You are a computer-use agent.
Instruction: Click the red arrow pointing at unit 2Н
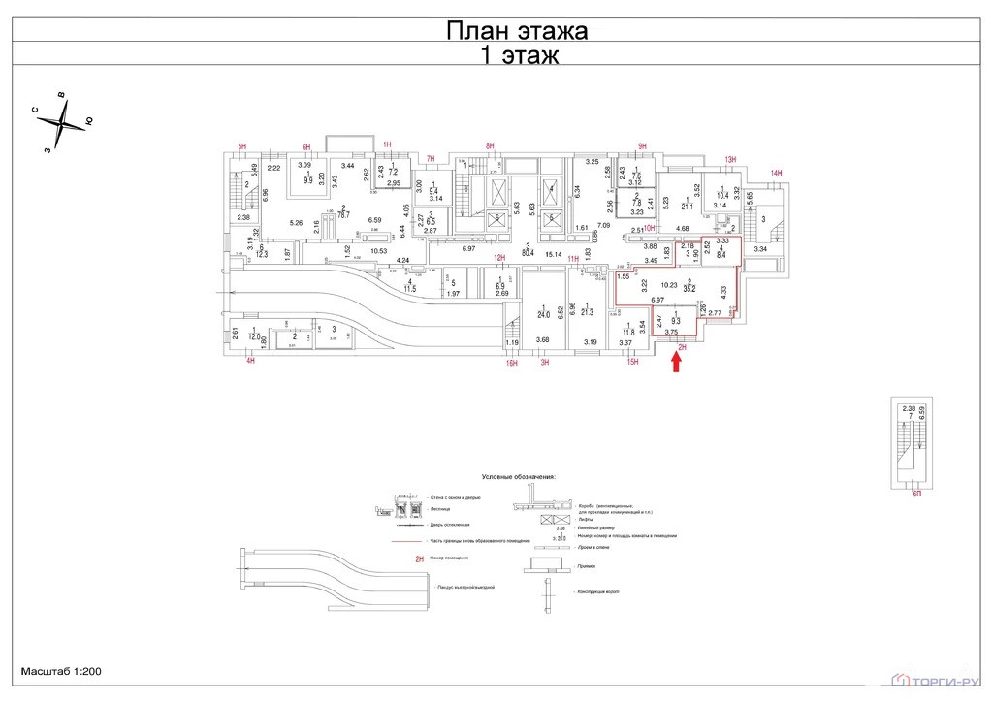pyautogui.click(x=677, y=361)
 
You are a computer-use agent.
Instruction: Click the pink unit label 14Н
pyautogui.click(x=776, y=174)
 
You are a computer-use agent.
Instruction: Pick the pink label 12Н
pyautogui.click(x=500, y=258)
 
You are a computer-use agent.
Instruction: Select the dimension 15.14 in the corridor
pyautogui.click(x=554, y=255)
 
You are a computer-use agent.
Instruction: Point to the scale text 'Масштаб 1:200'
pyautogui.click(x=61, y=671)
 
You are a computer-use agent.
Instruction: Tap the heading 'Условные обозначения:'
pyautogui.click(x=518, y=477)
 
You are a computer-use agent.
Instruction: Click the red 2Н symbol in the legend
pyautogui.click(x=419, y=559)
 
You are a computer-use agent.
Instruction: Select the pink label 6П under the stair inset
pyautogui.click(x=917, y=494)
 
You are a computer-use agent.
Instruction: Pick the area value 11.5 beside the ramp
pyautogui.click(x=410, y=289)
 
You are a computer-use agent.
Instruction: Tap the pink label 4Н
pyautogui.click(x=250, y=362)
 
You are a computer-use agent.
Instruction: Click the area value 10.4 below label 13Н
pyautogui.click(x=721, y=196)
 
